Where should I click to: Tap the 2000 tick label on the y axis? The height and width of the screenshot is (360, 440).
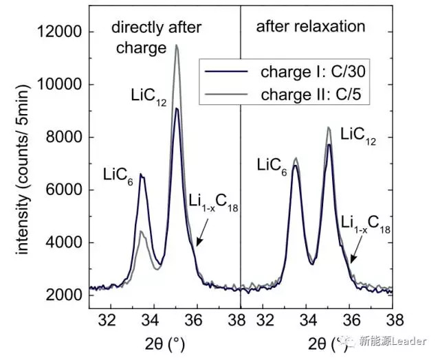point(66,295)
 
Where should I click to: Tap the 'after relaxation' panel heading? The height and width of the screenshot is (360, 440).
point(310,27)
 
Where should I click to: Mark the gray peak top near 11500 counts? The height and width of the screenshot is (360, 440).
point(177,45)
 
